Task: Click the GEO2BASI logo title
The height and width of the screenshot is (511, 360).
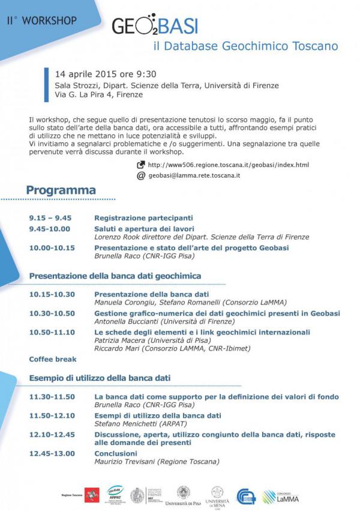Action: coord(155,26)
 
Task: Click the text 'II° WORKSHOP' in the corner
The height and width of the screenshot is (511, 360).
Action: coord(42,20)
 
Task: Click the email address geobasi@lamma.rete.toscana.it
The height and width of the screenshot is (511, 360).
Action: coord(194,175)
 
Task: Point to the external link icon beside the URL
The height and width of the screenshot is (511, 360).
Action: coord(141,165)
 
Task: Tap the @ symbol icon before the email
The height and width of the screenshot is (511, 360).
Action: coord(141,175)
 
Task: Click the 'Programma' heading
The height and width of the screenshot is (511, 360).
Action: coord(61,190)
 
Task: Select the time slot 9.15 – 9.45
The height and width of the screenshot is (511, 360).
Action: coord(50,218)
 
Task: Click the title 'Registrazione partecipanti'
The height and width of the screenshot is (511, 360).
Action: coord(143,218)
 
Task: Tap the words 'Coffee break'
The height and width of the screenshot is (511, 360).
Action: coord(53,359)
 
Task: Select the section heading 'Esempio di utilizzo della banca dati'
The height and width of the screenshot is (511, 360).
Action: coord(100,378)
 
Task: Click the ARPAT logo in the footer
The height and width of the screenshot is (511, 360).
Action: coord(115,495)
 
